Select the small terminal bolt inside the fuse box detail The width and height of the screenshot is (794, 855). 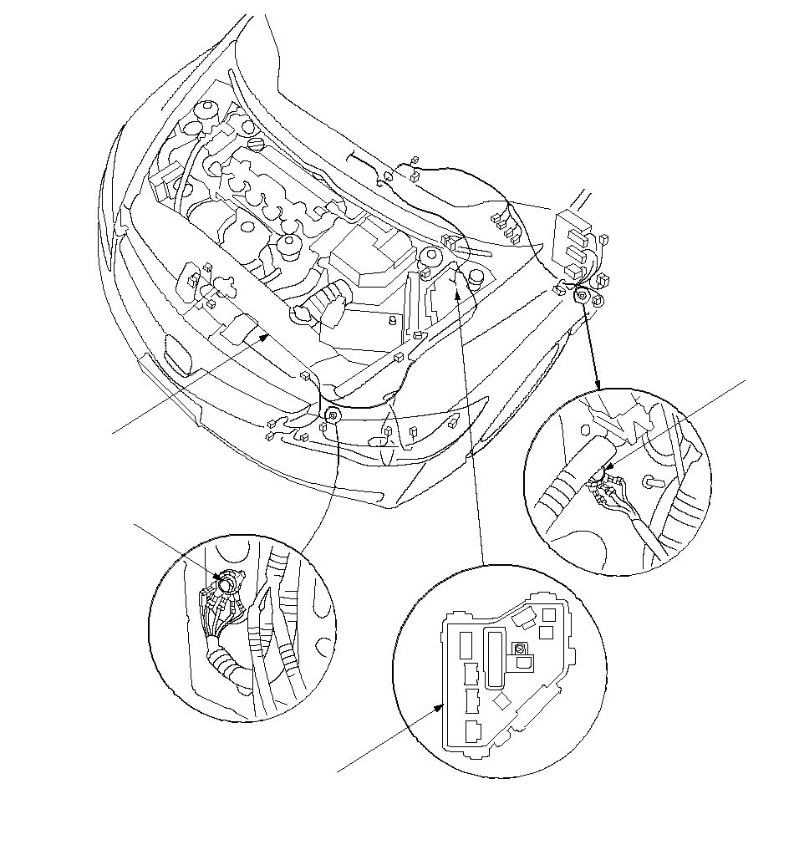[x=519, y=649]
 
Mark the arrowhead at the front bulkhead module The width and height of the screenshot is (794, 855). [x=266, y=337]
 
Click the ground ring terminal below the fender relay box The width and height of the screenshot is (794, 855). [x=580, y=295]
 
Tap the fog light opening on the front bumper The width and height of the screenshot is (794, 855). [x=176, y=353]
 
